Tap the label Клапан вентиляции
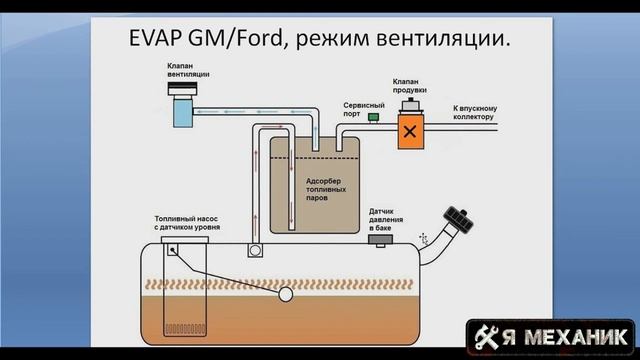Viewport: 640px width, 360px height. point(184,69)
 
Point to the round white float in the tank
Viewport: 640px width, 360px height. point(287,295)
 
